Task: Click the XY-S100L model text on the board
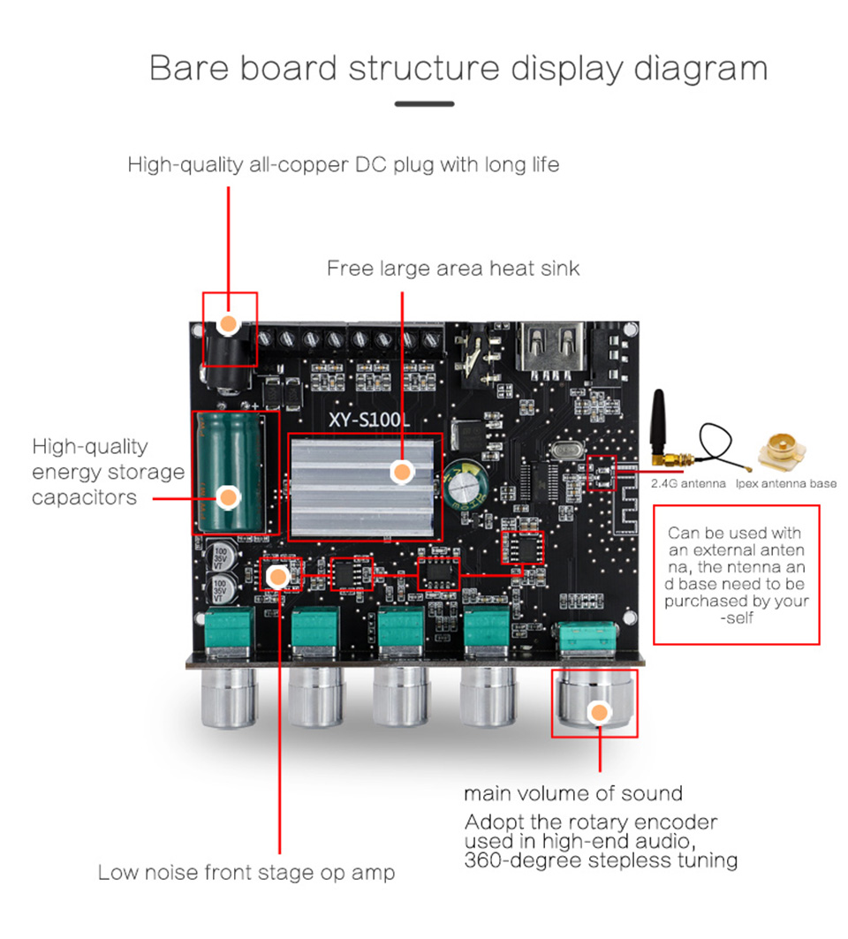pos(369,420)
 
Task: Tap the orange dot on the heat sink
pos(402,473)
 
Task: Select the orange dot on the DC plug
pos(229,324)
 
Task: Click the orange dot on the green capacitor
pos(229,497)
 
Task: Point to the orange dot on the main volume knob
pos(600,713)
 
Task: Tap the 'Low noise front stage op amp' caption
pos(246,873)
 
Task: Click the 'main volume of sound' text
pos(573,792)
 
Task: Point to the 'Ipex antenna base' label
pos(785,483)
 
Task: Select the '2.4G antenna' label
pos(688,483)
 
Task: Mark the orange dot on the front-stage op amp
pos(277,578)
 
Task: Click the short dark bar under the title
pos(424,104)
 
